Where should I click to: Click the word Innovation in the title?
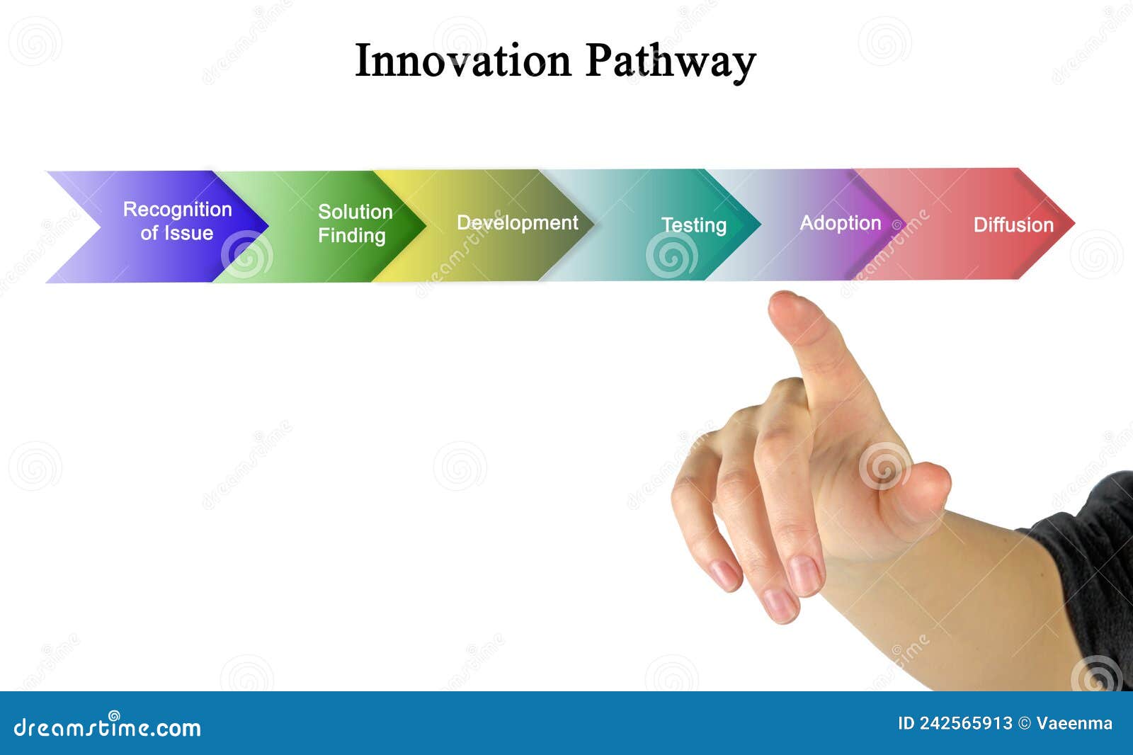click(x=462, y=61)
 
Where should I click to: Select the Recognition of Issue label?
click(x=177, y=221)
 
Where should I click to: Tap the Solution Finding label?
click(x=354, y=223)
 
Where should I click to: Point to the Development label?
click(x=517, y=222)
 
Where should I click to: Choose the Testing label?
click(x=693, y=225)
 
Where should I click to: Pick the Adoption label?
click(x=840, y=223)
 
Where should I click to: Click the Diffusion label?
click(x=1013, y=225)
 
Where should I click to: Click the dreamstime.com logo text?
click(x=108, y=727)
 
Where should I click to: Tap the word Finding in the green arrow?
click(x=351, y=235)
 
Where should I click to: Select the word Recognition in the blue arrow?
click(x=177, y=210)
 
